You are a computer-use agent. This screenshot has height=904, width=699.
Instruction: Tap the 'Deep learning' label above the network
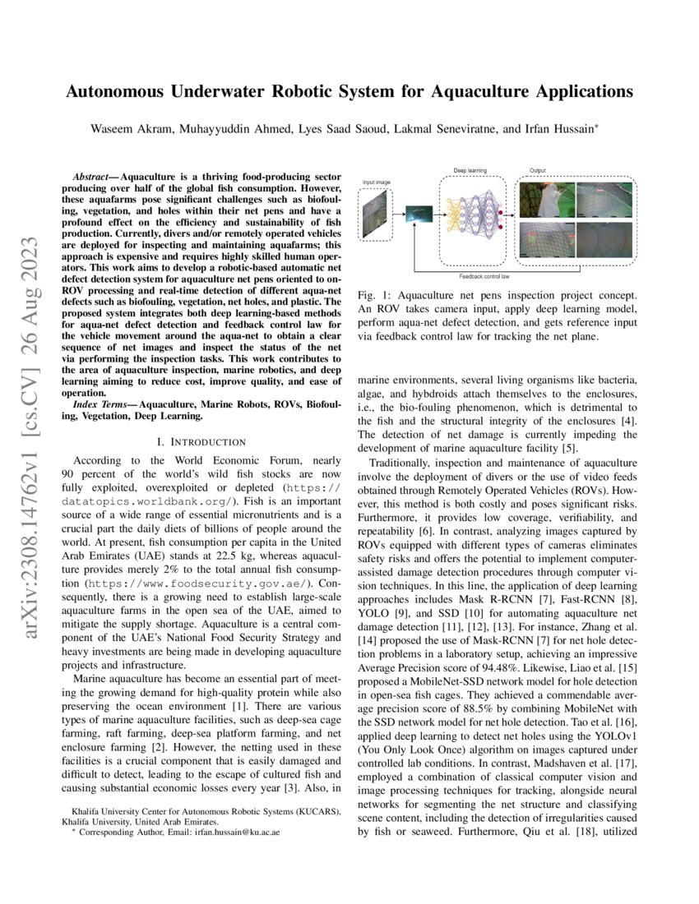pos(470,171)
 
